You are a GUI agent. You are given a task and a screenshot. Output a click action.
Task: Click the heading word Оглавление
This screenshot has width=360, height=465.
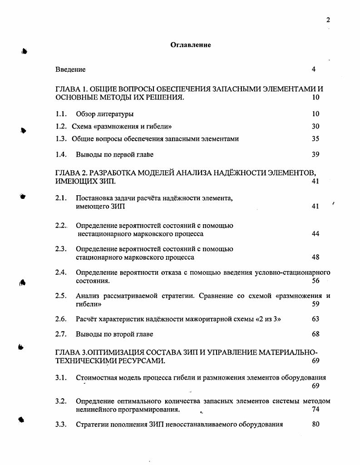coord(191,45)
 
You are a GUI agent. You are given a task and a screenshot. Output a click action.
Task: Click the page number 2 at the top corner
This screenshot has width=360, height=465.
coord(328,20)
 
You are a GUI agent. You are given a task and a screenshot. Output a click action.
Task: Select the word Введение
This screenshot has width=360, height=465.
coord(70,69)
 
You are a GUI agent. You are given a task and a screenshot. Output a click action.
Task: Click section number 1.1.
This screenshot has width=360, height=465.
coord(61,114)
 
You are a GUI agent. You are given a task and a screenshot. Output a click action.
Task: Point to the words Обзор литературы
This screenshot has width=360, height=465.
coord(104,114)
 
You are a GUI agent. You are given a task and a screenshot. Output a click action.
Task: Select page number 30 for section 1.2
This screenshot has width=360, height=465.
coord(316,126)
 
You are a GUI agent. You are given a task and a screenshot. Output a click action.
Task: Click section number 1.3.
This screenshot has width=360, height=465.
coord(61,139)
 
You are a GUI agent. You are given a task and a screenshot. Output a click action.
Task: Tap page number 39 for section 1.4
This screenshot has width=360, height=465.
coord(316,154)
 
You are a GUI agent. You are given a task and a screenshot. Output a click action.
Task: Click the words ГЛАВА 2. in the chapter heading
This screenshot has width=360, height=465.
coord(70,173)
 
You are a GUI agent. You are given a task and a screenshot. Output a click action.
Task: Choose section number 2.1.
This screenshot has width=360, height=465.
coord(61,198)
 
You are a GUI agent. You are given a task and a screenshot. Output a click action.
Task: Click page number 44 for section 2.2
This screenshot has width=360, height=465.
coord(316,234)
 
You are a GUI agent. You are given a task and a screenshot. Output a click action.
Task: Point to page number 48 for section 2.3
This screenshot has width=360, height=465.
coord(316,257)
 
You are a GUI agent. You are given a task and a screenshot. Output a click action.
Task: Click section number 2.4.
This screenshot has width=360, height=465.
coord(61,272)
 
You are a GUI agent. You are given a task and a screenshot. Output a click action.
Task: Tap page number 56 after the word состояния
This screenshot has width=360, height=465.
coord(316,281)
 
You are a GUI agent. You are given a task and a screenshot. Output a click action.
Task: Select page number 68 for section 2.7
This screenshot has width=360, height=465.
coord(316,334)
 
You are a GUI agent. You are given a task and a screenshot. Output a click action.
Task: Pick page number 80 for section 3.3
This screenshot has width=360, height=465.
coord(316,425)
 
